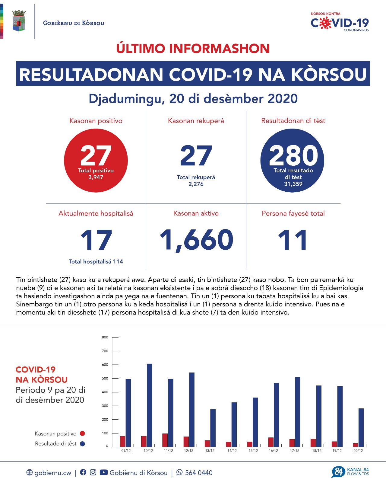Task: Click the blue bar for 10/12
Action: click(149, 405)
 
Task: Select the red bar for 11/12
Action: click(165, 440)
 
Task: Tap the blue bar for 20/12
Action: click(361, 427)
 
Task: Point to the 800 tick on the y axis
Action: click(105, 337)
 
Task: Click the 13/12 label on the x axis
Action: click(210, 451)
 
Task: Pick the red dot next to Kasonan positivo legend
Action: click(82, 433)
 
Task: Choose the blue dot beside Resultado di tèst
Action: click(82, 444)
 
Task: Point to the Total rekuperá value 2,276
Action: click(196, 184)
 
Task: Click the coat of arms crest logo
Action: click(19, 21)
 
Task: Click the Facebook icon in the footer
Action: click(83, 472)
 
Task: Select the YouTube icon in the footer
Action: click(103, 472)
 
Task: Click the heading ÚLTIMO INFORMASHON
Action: click(193, 49)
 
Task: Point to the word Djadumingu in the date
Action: click(127, 99)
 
